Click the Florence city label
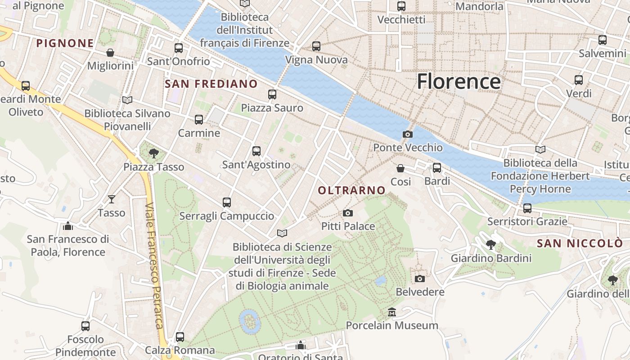pyautogui.click(x=458, y=81)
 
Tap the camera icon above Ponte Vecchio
pyautogui.click(x=407, y=134)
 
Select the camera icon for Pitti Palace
pyautogui.click(x=347, y=213)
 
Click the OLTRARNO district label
pyautogui.click(x=352, y=190)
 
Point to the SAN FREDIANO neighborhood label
pyautogui.click(x=211, y=84)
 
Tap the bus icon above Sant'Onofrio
pyautogui.click(x=179, y=48)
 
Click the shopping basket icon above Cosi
pyautogui.click(x=400, y=168)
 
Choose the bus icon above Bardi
pyautogui.click(x=437, y=168)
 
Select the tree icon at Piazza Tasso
pyautogui.click(x=154, y=153)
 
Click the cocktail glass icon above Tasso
pyautogui.click(x=111, y=199)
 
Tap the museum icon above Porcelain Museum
pyautogui.click(x=391, y=312)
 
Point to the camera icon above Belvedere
pyautogui.click(x=420, y=279)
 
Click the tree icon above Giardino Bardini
pyautogui.click(x=491, y=245)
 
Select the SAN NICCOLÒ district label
pyautogui.click(x=580, y=243)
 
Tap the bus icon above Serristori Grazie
pyautogui.click(x=527, y=208)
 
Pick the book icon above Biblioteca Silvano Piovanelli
pyautogui.click(x=127, y=100)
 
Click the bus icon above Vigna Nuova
pyautogui.click(x=316, y=46)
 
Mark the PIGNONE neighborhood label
pyautogui.click(x=65, y=43)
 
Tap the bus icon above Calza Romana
pyautogui.click(x=180, y=337)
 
